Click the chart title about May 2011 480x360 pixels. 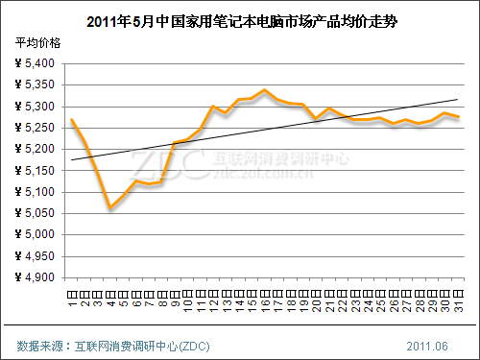click(240, 18)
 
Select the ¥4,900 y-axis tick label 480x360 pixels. click(37, 277)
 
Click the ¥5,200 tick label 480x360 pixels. click(37, 149)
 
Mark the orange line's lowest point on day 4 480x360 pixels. click(110, 207)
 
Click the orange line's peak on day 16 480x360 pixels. click(264, 90)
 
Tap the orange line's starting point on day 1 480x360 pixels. click(72, 120)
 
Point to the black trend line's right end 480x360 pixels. click(457, 99)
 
